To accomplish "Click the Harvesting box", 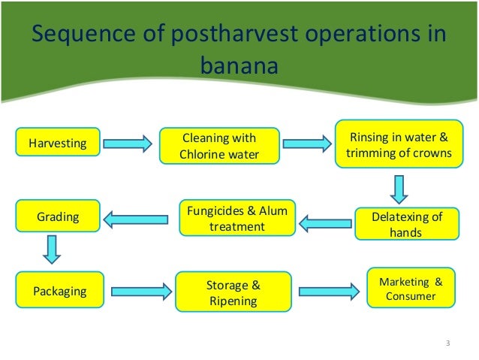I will pos(57,141).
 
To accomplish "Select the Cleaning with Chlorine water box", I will pos(218,146).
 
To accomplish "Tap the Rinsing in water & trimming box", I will pos(398,145).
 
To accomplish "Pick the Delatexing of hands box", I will pos(406,224).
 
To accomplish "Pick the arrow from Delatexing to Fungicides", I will pos(327,222).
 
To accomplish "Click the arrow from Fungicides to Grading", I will pos(128,219).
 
